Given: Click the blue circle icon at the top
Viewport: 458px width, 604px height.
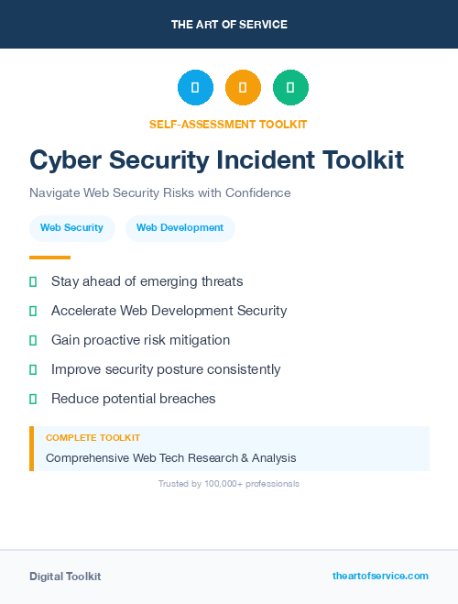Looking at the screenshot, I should coord(195,87).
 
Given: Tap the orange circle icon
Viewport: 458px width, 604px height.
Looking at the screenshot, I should coord(243,87).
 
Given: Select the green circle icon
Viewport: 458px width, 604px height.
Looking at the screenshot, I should coord(290,87).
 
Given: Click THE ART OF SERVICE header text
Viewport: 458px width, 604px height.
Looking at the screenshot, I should coord(229,25).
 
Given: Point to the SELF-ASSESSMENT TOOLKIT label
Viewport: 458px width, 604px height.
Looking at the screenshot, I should coord(228,124).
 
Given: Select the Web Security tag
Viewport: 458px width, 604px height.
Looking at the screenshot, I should coord(71,227).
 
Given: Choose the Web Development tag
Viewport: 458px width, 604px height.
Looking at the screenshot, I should coord(180,227).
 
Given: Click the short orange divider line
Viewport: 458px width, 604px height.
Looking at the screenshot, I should coord(49,258).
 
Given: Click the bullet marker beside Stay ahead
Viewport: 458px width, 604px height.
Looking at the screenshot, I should coord(33,281).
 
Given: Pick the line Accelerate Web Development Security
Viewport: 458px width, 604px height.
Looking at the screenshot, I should coord(169,311).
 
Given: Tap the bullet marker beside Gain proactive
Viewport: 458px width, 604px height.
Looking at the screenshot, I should coord(33,340).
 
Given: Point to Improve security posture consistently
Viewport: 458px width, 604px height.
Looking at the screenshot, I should coord(166,369).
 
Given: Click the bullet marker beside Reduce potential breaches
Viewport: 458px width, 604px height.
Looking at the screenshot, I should coord(33,399).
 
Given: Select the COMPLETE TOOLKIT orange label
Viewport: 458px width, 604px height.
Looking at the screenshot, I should coord(93,438).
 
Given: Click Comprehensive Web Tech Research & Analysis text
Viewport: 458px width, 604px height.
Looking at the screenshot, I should coord(170,457).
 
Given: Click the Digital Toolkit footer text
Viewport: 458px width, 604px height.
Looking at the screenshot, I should coord(65,577).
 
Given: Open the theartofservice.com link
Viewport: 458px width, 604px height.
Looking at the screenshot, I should coord(380,576).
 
